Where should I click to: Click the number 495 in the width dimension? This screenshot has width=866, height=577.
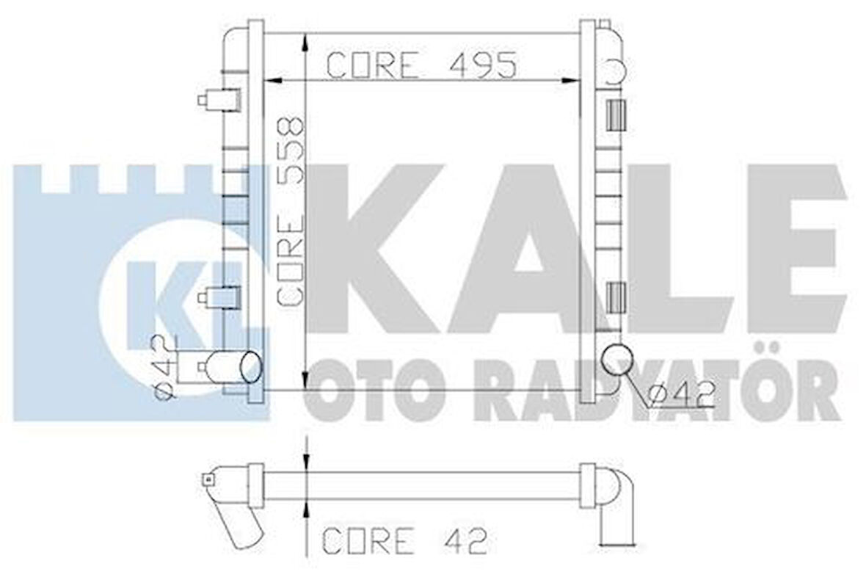(477, 65)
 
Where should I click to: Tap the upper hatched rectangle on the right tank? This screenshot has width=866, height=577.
(615, 115)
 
